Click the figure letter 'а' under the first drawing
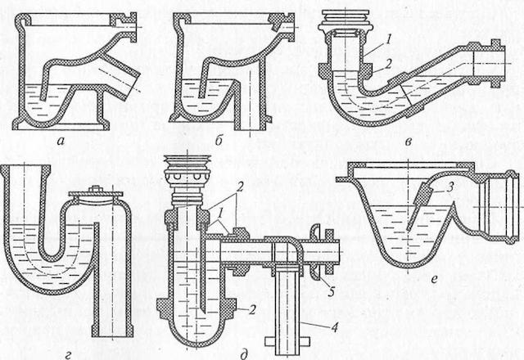[61, 142]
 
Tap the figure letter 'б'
[219, 140]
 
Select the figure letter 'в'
[408, 142]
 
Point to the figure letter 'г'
[68, 355]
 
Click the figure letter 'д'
[244, 354]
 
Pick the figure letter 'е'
[434, 278]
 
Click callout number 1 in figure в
[387, 39]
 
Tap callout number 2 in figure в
[387, 64]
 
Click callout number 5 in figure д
[331, 291]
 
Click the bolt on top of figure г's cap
[95, 189]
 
